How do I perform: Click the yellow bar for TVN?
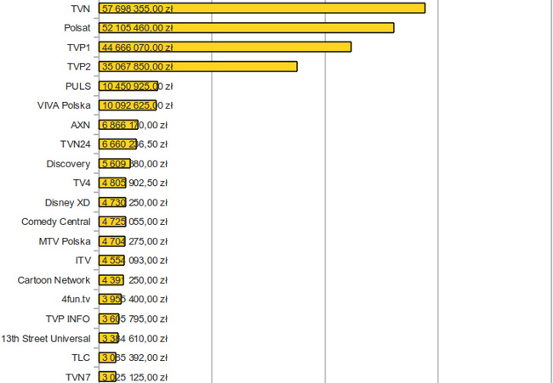pos(340,8)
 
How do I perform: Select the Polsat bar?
pos(323,28)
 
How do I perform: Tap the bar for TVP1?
pos(281,47)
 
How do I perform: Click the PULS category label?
pos(77,86)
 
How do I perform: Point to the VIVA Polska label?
pos(64,105)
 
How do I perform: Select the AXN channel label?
pos(81,125)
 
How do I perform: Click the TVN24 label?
pos(75,144)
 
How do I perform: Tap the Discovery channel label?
pos(68,164)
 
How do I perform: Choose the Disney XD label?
pos(67,202)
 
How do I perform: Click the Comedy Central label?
pos(56,222)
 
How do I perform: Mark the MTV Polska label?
pos(65,241)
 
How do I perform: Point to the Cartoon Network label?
pos(54,280)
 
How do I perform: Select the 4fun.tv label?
pos(76,299)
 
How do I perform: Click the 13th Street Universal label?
pos(46,338)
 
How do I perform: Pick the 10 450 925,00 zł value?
pos(137,86)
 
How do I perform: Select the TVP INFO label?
pos(68,318)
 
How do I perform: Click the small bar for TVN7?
pos(108,377)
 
